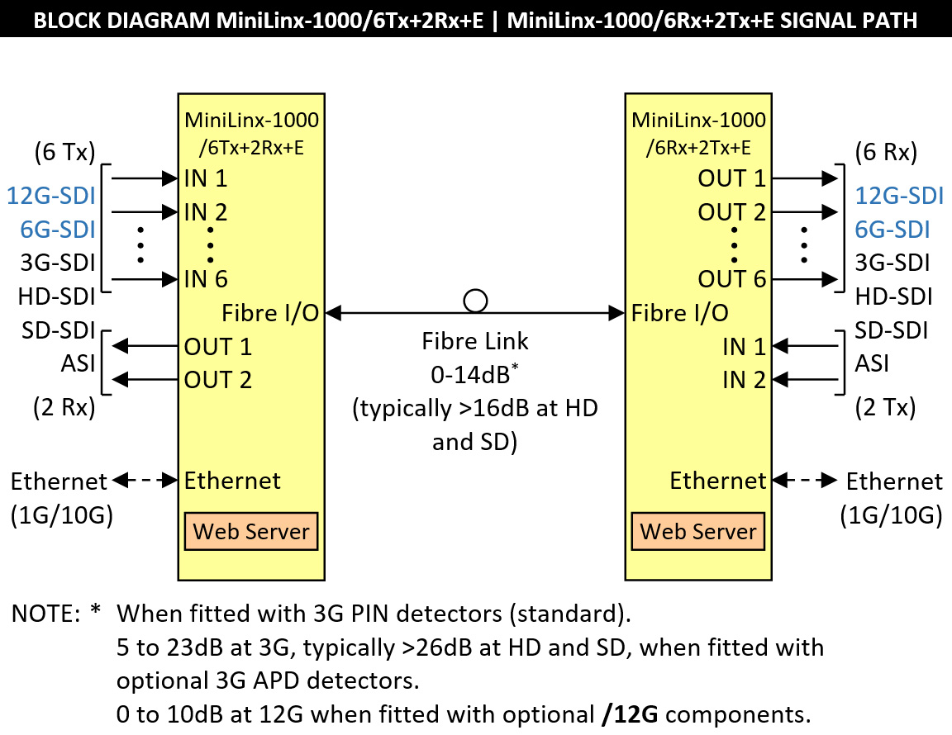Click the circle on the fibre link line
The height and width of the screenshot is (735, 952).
click(475, 301)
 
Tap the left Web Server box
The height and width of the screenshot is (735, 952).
click(251, 531)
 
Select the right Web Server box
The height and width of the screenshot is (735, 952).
click(698, 531)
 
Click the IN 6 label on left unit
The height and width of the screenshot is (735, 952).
click(206, 279)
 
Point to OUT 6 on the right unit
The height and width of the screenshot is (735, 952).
click(732, 279)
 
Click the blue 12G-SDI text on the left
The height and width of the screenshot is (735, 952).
click(50, 196)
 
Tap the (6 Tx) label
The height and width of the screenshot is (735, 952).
click(64, 153)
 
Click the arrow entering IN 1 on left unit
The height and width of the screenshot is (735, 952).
click(144, 178)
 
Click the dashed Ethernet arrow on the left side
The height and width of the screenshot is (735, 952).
click(146, 479)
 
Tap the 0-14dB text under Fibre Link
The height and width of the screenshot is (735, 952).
click(470, 374)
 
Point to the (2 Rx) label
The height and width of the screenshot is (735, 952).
click(64, 408)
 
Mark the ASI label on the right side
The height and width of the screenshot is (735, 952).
click(872, 363)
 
